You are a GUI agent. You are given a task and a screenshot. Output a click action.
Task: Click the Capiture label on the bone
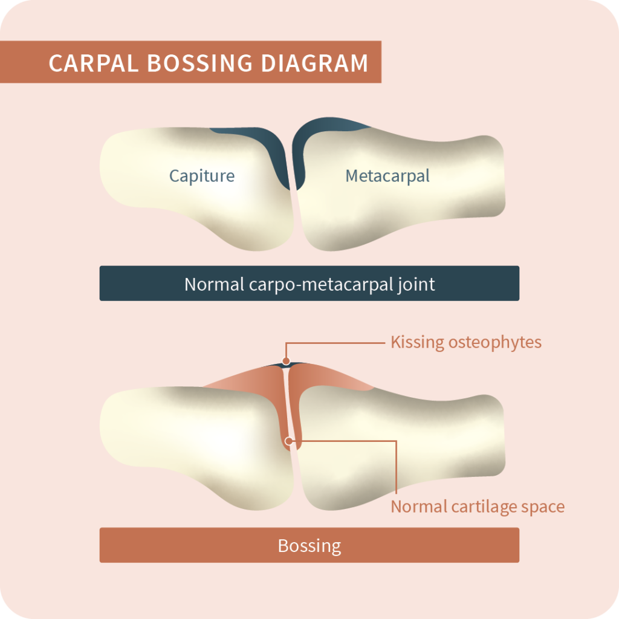pos(201,176)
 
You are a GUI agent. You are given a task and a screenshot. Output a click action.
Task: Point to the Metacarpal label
pos(387,176)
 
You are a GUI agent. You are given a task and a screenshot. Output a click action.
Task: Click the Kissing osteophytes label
pos(465,342)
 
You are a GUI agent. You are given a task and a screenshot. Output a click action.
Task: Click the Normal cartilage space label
pos(478,506)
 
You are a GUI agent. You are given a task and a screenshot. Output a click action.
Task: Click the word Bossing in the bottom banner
pos(309,546)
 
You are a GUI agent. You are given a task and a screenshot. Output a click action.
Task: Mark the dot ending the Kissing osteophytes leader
pos(286,363)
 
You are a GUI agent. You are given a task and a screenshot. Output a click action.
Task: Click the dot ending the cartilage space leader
pos(291,441)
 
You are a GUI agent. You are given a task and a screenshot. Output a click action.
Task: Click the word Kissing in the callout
pos(416,343)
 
